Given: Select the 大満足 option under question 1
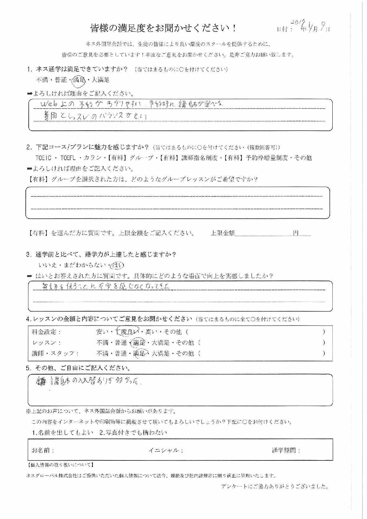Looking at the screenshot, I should coord(101,80).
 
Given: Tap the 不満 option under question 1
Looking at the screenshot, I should coord(42,80).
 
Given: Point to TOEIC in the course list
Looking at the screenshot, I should coord(43,158).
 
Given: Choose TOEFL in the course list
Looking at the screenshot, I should coord(68,158).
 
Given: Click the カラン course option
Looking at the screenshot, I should coord(93,158).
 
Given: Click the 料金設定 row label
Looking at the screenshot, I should coord(46,332).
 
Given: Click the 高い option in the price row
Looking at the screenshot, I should coord(152,332).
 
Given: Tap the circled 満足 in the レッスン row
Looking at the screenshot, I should coord(139,343).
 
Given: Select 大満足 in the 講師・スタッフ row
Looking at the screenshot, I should coord(161,353).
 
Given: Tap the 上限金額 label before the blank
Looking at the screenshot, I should coord(223,233).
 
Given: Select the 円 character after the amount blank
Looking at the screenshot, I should coord(296,233).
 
